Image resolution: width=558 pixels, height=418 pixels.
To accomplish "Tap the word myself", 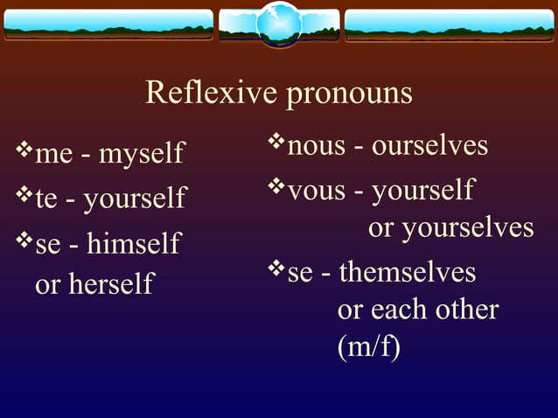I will [141, 155].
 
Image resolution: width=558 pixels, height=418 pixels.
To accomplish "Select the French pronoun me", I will [53, 156].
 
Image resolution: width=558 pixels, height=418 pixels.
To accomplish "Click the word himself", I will [133, 243].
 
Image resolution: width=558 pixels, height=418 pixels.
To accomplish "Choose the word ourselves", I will [429, 145].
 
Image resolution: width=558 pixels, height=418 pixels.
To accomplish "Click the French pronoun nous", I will [317, 146].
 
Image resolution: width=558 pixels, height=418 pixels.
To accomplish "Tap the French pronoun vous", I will [317, 189].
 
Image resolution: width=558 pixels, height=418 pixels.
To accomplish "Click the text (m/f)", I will [368, 347].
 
